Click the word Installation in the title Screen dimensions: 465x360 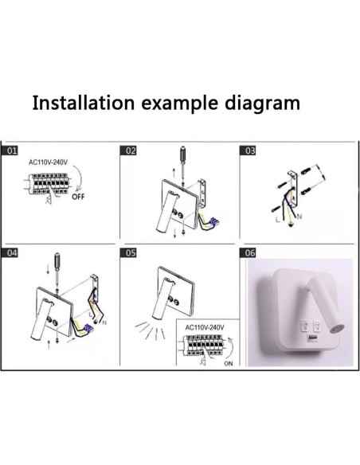(x=83, y=104)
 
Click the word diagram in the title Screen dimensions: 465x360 (x=260, y=104)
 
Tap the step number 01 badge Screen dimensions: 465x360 (x=13, y=150)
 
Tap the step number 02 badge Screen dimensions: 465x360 (x=131, y=150)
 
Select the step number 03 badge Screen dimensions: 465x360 (x=249, y=150)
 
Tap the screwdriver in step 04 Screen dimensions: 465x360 (x=57, y=263)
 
